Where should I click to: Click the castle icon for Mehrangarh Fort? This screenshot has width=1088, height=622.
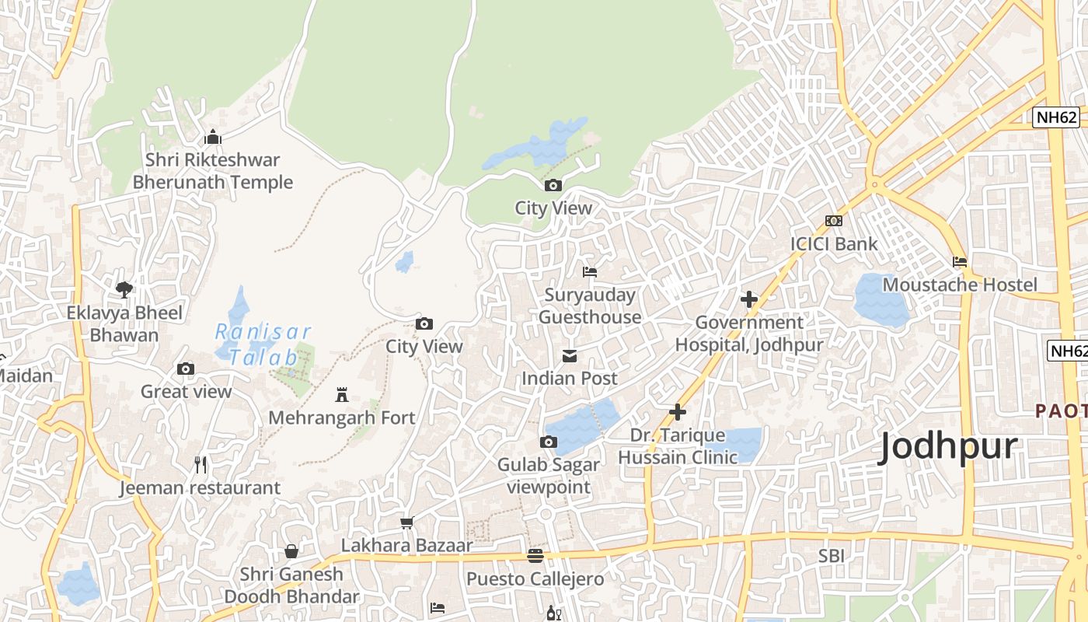click(x=341, y=395)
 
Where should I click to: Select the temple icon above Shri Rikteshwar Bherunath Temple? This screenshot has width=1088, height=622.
click(x=212, y=138)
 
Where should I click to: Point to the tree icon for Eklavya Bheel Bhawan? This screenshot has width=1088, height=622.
click(x=124, y=290)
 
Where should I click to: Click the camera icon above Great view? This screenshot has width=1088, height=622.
click(x=185, y=369)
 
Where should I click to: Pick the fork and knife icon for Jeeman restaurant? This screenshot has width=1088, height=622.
click(x=201, y=465)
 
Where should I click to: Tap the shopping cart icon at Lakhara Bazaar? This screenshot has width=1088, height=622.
click(x=406, y=522)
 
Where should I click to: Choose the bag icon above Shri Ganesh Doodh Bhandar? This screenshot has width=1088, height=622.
click(x=291, y=551)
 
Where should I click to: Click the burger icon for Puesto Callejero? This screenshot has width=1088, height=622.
click(x=535, y=556)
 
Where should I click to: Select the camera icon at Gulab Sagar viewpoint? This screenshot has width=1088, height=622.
click(x=548, y=442)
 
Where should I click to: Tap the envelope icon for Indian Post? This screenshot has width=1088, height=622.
click(x=570, y=356)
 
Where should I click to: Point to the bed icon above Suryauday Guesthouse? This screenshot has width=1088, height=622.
click(x=590, y=272)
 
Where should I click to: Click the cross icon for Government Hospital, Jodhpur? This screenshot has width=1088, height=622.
click(x=749, y=299)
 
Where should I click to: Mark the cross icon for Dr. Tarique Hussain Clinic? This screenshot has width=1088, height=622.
click(x=678, y=412)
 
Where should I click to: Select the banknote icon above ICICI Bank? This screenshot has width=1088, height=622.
click(x=834, y=221)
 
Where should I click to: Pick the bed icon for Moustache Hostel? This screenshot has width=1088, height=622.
click(x=960, y=262)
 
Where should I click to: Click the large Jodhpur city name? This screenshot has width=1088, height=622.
click(x=947, y=447)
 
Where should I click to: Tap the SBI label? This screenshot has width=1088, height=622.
click(x=831, y=556)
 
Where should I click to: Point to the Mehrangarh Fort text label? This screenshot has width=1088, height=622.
click(x=342, y=418)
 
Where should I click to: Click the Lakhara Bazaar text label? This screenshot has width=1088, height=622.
click(x=406, y=545)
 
